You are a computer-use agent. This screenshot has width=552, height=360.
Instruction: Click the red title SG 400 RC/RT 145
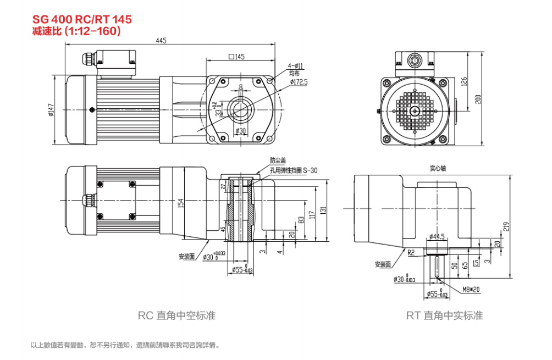pyautogui.click(x=82, y=19)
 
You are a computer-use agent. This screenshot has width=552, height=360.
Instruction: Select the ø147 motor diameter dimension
pyautogui.click(x=51, y=110)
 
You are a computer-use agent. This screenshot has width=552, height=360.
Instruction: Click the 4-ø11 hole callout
pyautogui.click(x=295, y=65)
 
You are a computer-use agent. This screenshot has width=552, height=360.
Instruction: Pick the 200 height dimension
pyautogui.click(x=478, y=99)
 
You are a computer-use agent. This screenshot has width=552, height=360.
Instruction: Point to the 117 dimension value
pyautogui.click(x=312, y=214)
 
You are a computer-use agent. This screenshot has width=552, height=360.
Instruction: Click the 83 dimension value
pyautogui.click(x=301, y=220)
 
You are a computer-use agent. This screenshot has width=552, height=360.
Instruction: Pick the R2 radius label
pyautogui.click(x=411, y=254)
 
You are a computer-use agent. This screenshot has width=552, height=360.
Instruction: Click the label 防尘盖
pyautogui.click(x=278, y=160)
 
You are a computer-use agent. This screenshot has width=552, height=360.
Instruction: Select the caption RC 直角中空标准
pyautogui.click(x=176, y=315)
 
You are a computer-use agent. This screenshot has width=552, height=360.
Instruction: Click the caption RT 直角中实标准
pyautogui.click(x=444, y=315)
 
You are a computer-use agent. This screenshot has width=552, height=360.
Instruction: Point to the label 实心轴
pyautogui.click(x=438, y=168)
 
